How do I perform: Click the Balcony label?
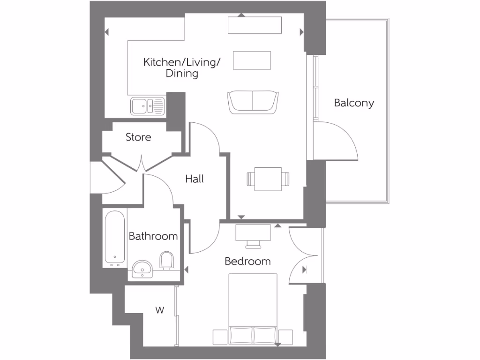tap(354, 103)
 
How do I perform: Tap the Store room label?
tap(138, 137)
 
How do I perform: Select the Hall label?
tap(194, 179)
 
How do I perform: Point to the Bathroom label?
tap(153, 236)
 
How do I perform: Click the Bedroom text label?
tap(247, 262)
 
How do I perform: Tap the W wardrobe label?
tap(160, 310)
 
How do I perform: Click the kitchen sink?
tap(148, 106)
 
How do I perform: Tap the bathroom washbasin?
tap(142, 269)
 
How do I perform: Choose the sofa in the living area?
tap(253, 102)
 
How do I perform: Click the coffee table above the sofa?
tap(252, 60)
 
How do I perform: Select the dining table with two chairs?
tap(268, 179)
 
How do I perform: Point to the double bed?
tap(253, 309)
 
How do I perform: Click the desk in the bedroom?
tap(253, 232)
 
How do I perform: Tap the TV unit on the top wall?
tap(255, 25)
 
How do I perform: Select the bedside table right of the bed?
tap(285, 336)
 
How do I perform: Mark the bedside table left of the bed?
tap(220, 336)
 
